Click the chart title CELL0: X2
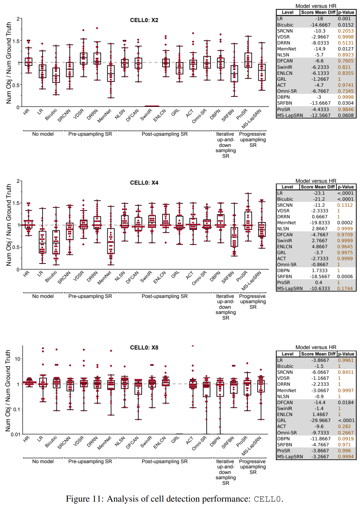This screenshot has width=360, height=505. coord(144,20)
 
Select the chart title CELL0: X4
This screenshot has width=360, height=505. coord(144,183)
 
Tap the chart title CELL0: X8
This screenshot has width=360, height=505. coord(144,348)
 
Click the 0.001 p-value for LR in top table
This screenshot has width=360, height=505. coord(344,19)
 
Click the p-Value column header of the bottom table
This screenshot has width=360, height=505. coord(346,354)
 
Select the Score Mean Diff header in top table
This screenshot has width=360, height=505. coord(318,12)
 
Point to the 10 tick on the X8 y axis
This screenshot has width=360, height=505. coord(18,359)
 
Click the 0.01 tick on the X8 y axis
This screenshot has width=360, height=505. coord(15,434)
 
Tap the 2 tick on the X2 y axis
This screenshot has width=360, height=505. coord(18,19)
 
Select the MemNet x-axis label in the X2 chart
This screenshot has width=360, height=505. coord(105,116)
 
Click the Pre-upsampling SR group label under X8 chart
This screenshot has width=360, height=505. coord(90,462)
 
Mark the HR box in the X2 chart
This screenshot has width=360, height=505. coord(28,62)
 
